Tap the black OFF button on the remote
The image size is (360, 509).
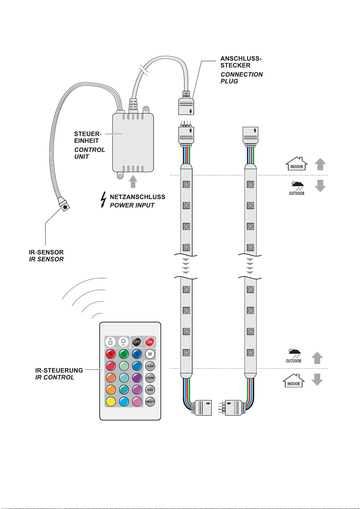pyautogui.click(x=136, y=342)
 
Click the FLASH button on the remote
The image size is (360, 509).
pyautogui.click(x=150, y=366)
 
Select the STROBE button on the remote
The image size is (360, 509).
pyautogui.click(x=150, y=378)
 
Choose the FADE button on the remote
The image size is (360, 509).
pyautogui.click(x=150, y=390)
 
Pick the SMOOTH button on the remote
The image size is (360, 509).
pyautogui.click(x=150, y=401)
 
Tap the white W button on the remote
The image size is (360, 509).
pyautogui.click(x=150, y=354)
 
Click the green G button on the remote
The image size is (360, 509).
pyautogui.click(x=124, y=354)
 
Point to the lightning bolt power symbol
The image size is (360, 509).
pyautogui.click(x=103, y=200)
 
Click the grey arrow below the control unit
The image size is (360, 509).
pyautogui.click(x=133, y=181)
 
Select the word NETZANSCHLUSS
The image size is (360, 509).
pyautogui.click(x=137, y=197)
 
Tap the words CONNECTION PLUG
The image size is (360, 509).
pyautogui.click(x=242, y=78)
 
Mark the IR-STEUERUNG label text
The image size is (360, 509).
pyautogui.click(x=59, y=370)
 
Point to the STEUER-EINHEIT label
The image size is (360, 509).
pyautogui.click(x=88, y=137)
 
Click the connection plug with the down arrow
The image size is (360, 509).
pyautogui.click(x=186, y=106)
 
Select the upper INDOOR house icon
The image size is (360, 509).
pyautogui.click(x=297, y=163)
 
